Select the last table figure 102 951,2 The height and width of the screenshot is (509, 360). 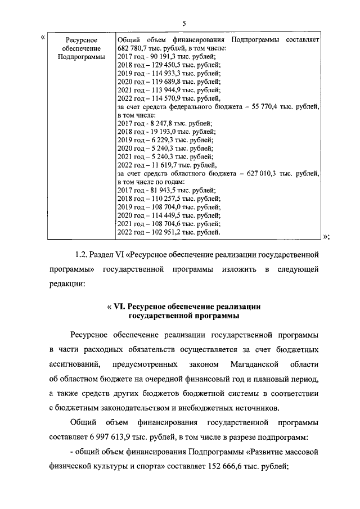(x=165, y=232)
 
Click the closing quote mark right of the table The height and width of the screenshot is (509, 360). (x=326, y=236)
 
